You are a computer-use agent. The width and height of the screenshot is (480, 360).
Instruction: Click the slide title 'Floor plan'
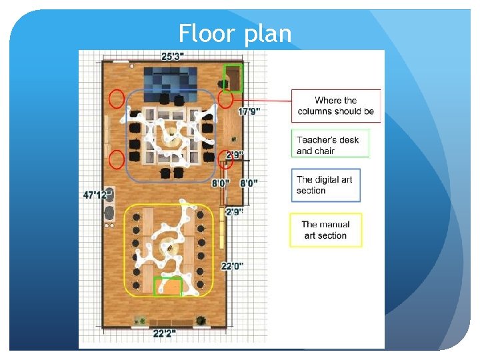pyautogui.click(x=235, y=33)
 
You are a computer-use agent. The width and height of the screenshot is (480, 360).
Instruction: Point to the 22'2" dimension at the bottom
pyautogui.click(x=164, y=333)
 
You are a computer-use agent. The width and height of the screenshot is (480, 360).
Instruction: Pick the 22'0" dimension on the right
pyautogui.click(x=232, y=266)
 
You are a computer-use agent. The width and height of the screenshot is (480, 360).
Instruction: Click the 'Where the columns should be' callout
pyautogui.click(x=336, y=106)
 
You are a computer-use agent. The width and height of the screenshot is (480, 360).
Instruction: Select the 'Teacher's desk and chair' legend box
pyautogui.click(x=330, y=145)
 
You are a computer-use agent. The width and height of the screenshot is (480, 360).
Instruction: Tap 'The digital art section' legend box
pyautogui.click(x=326, y=185)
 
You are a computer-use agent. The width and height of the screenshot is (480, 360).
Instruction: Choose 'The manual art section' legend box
pyautogui.click(x=326, y=230)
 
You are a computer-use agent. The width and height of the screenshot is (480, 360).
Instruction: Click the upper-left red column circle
pyautogui.click(x=117, y=99)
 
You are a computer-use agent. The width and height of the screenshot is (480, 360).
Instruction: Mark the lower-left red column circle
pyautogui.click(x=117, y=160)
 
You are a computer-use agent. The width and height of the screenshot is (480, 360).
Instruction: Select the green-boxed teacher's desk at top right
pyautogui.click(x=233, y=77)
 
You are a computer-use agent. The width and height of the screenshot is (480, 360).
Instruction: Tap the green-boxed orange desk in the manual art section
pyautogui.click(x=167, y=286)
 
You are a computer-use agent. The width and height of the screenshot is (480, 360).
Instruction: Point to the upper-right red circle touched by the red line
pyautogui.click(x=226, y=99)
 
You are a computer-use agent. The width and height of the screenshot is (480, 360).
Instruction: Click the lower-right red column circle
pyautogui.click(x=225, y=160)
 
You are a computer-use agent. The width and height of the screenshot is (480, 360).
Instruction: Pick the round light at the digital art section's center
pyautogui.click(x=171, y=137)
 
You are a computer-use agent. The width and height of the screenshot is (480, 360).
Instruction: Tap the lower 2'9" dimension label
pyautogui.click(x=234, y=212)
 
